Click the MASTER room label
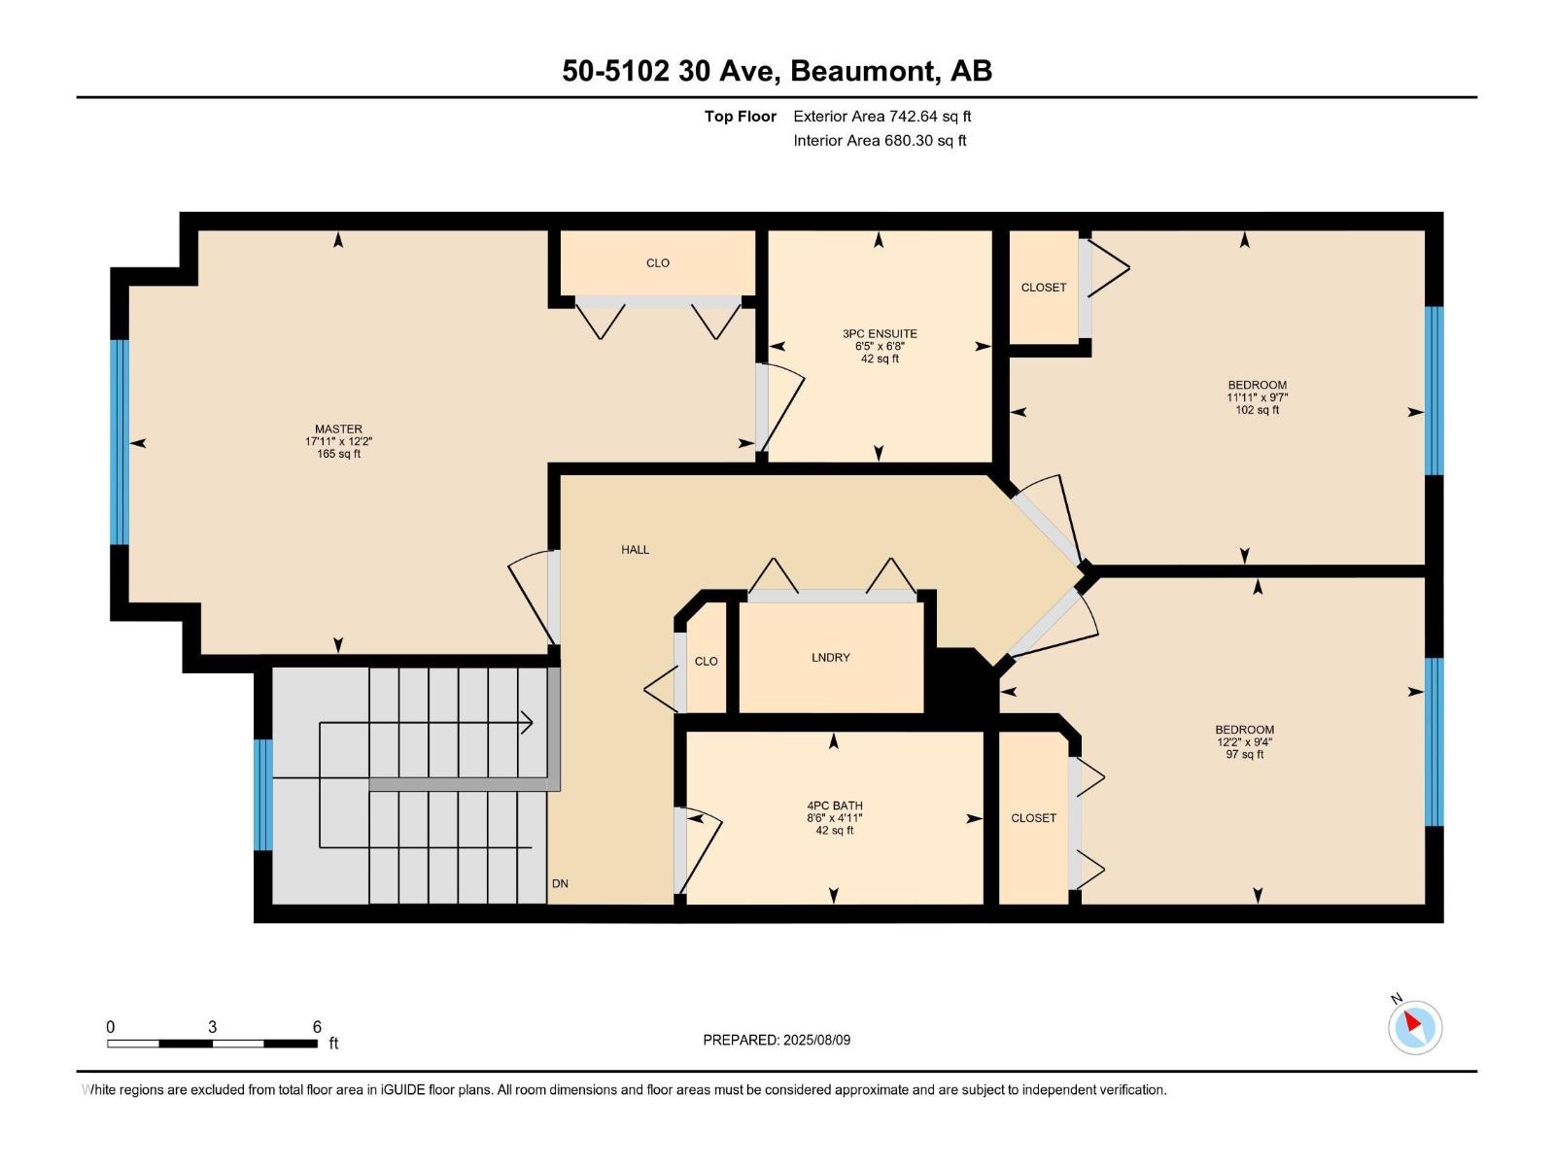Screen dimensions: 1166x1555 [337, 429]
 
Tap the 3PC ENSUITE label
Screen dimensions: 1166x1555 [880, 333]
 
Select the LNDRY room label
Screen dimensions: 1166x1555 [830, 658]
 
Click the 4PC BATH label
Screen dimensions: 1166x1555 [834, 806]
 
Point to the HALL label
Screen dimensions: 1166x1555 [635, 550]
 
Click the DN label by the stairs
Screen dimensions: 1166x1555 [560, 883]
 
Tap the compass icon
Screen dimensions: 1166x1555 [1414, 1027]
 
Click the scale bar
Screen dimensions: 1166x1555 [212, 1044]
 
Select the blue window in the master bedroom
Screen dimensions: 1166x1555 [120, 442]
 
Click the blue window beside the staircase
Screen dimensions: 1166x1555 [262, 795]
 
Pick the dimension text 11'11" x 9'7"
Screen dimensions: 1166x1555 [1257, 397]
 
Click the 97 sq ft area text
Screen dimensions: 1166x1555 [1244, 755]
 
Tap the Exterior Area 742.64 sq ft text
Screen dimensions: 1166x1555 [881, 117]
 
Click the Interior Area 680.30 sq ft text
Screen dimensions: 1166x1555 [880, 141]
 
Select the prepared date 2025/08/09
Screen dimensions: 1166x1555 [816, 1040]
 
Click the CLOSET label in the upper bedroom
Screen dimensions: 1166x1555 [1043, 288]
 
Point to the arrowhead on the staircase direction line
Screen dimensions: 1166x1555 [528, 722]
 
